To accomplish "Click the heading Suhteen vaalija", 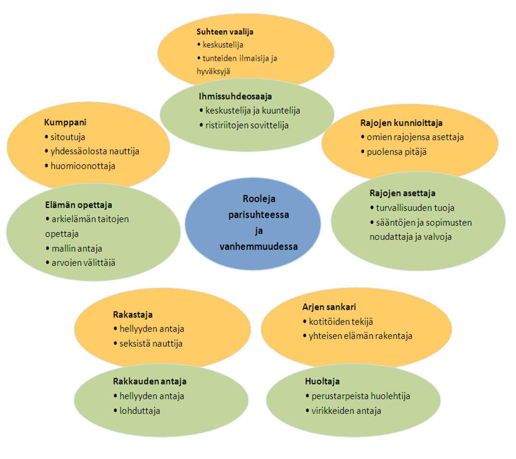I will (x=225, y=32).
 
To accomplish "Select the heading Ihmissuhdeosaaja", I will (x=235, y=97).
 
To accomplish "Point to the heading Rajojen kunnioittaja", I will (x=401, y=123).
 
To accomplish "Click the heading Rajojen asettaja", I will (x=402, y=193).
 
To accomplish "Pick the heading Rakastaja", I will (x=132, y=315).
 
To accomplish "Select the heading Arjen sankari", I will (x=329, y=307).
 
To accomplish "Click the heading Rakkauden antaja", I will (x=150, y=382).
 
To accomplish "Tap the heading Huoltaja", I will (x=322, y=382).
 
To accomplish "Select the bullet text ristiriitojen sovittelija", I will (x=247, y=125).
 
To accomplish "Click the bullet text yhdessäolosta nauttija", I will (x=95, y=152).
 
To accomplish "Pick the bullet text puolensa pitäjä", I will (x=396, y=152).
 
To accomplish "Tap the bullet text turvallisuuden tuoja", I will (x=415, y=208).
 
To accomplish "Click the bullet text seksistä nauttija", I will (x=151, y=344).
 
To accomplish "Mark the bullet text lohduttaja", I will (x=140, y=411).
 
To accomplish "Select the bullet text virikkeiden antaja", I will (x=346, y=411).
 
